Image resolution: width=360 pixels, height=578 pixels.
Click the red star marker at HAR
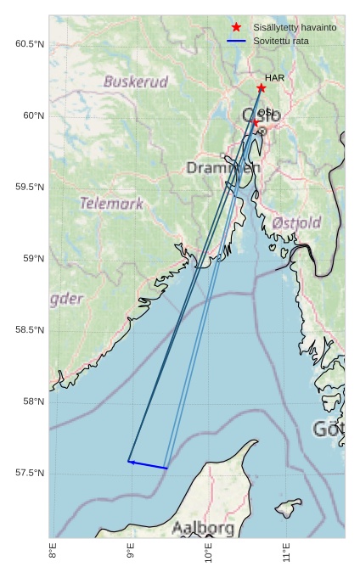click(261, 88)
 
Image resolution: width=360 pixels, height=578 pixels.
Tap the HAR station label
click(274, 78)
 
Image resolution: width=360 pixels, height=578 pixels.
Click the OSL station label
click(265, 112)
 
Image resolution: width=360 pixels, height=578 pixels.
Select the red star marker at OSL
click(256, 122)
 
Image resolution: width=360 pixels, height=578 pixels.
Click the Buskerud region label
click(136, 82)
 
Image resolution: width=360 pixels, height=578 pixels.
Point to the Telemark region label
click(112, 204)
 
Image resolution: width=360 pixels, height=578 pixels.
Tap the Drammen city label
click(223, 168)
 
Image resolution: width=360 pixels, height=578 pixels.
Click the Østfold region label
click(296, 223)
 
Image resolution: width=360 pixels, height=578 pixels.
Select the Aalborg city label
click(203, 528)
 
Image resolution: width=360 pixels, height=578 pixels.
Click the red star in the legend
click(236, 27)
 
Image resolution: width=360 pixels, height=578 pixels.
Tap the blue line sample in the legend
click(236, 41)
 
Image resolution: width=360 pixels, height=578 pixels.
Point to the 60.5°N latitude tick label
click(30, 44)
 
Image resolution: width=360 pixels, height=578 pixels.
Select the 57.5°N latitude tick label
click(30, 473)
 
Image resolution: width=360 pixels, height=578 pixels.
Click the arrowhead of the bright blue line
click(131, 462)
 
